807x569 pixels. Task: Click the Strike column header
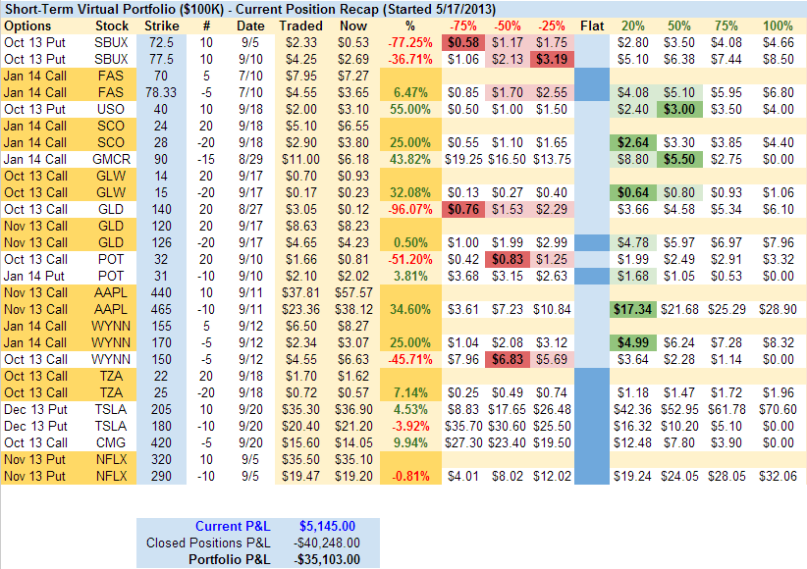click(161, 25)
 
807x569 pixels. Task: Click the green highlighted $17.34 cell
click(633, 309)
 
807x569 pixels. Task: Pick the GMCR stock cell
click(113, 159)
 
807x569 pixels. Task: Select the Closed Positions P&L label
click(208, 543)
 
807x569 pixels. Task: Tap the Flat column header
click(593, 25)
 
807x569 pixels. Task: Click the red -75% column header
click(464, 25)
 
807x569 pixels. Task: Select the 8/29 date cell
click(250, 159)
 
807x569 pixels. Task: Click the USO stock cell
click(113, 109)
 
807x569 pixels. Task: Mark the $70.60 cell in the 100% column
click(777, 409)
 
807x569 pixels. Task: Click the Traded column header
click(300, 25)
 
